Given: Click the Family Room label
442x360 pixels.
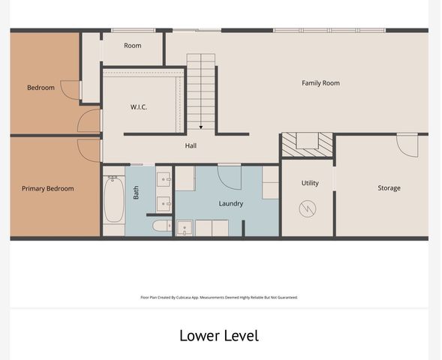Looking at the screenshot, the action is point(320,83).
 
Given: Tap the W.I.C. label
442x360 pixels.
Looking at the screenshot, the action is point(138,107).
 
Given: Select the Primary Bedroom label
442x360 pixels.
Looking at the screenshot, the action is point(48,189).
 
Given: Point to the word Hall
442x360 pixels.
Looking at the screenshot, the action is point(191,145).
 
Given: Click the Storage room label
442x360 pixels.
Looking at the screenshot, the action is point(389,188).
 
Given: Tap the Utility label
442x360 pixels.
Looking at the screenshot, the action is point(310,183).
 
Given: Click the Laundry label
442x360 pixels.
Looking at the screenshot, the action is point(231,204).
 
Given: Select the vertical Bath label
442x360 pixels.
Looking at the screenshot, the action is point(136,193).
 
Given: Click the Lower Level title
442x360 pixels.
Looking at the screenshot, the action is point(219,336).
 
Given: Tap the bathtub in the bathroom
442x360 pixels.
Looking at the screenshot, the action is point(114,199).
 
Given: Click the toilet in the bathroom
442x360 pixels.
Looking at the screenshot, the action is point(162,226).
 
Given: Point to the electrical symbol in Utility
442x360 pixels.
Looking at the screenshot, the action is point(308,208).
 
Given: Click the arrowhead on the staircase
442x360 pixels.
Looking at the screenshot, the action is point(201,127).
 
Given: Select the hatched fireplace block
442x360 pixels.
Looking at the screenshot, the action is point(308,145).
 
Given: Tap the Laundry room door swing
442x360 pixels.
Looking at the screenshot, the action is point(230,178).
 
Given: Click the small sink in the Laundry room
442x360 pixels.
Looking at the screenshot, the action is point(185,228).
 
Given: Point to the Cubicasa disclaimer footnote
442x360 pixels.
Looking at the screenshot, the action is point(219,298).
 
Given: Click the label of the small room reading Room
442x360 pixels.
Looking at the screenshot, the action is point(133,46).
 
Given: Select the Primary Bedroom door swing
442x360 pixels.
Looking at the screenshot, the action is point(89,151).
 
